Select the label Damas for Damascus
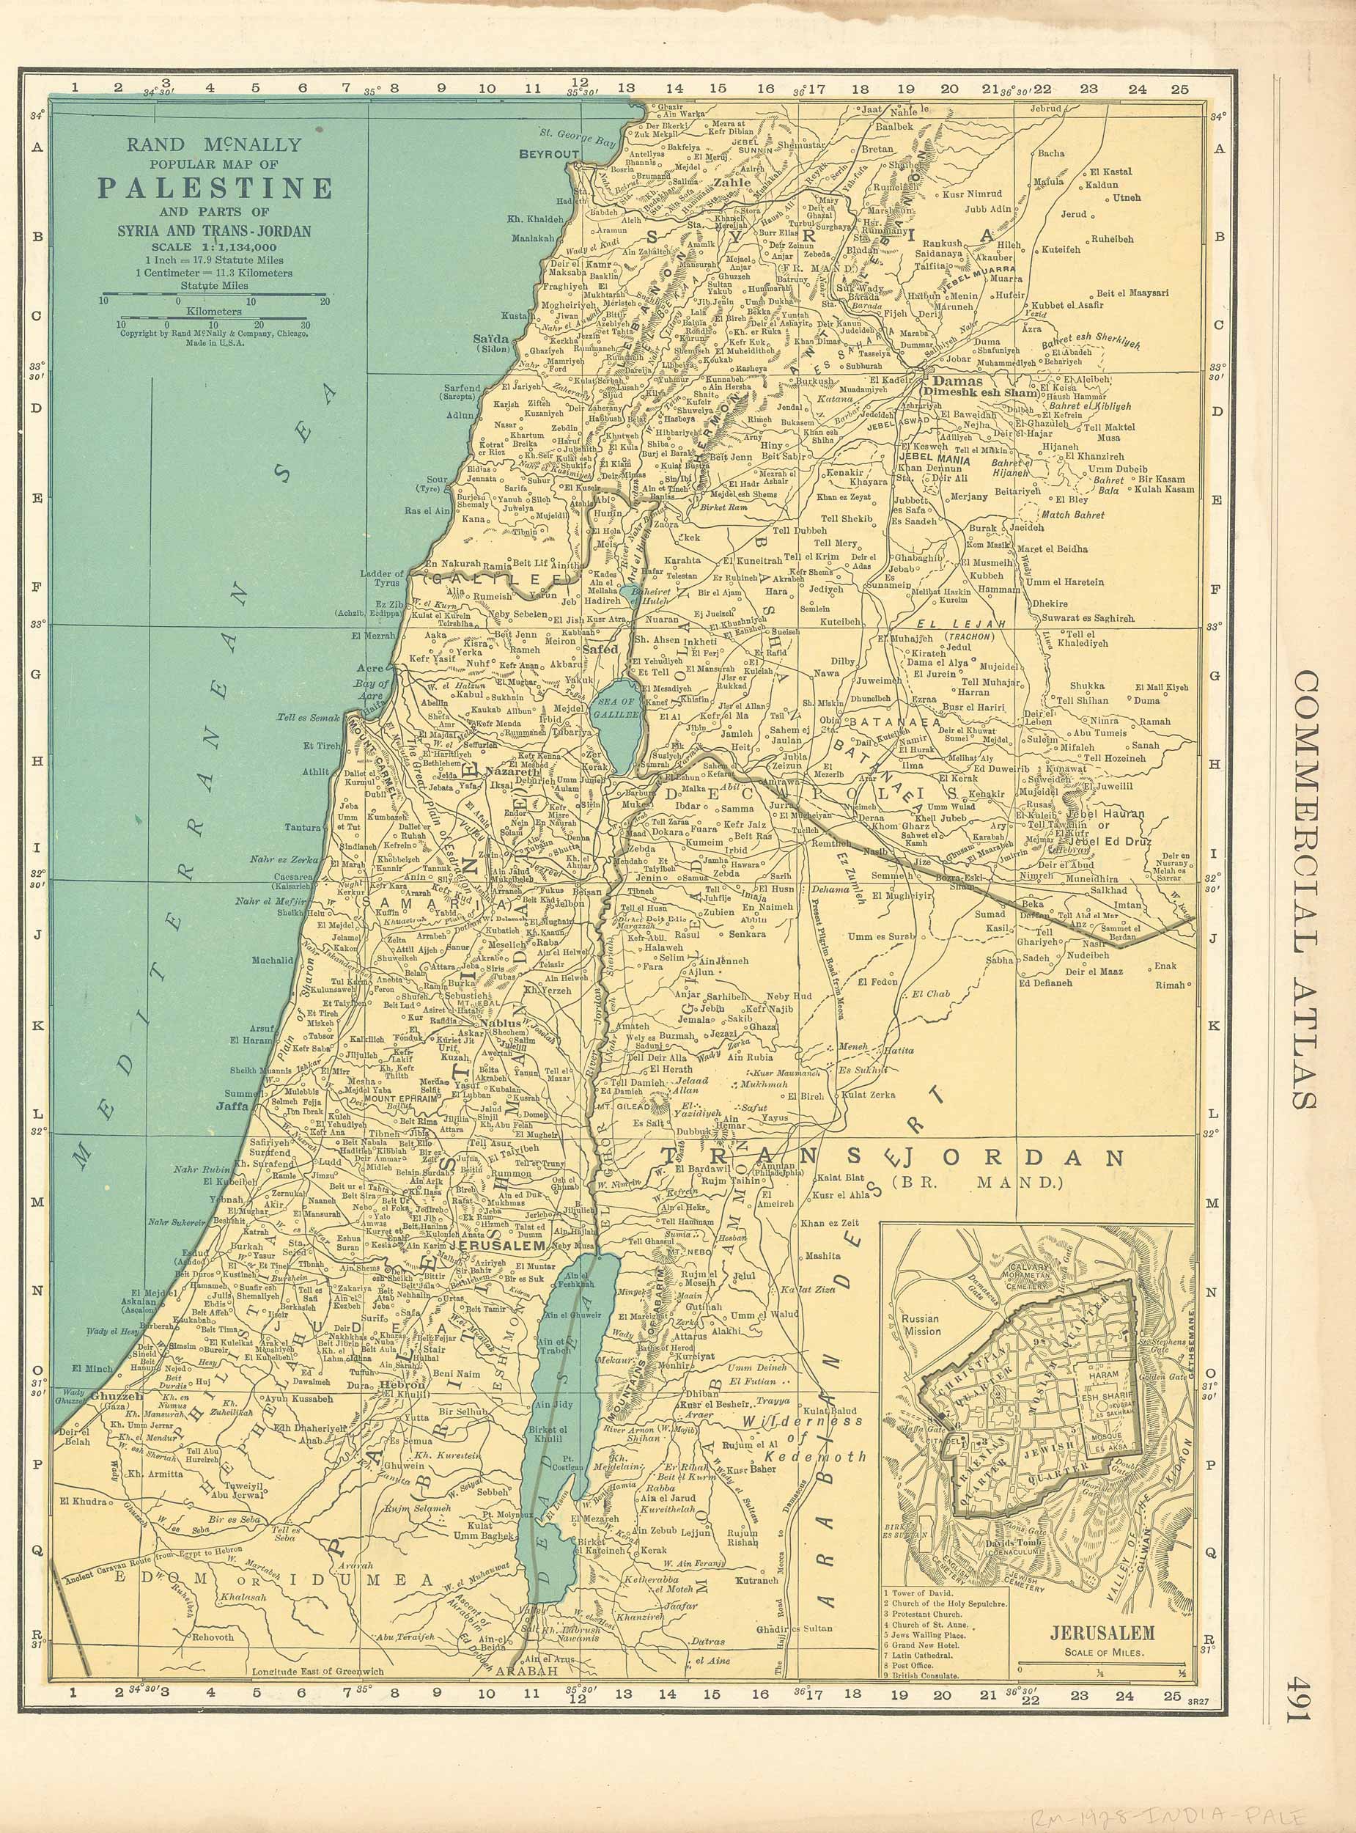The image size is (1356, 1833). pos(958,382)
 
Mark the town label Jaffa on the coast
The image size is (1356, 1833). pos(232,1106)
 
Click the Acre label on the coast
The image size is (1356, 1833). pos(372,668)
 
